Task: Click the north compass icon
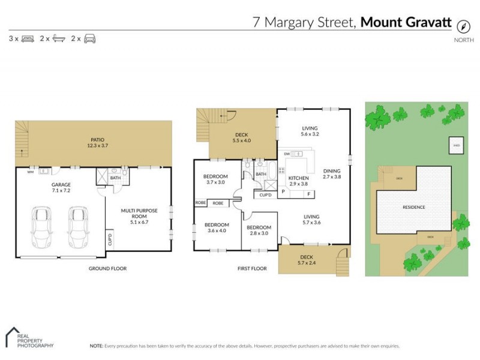coord(463,26)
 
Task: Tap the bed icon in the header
coord(28,39)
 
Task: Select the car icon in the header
coord(90,39)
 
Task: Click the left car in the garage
coord(43,227)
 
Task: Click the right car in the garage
coord(78,227)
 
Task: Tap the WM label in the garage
coord(30,172)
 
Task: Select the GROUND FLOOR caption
coord(107,268)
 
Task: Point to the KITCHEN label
coord(298,179)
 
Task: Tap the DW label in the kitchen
coord(287,154)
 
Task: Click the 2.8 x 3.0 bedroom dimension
coord(259,234)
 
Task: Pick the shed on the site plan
coord(456,145)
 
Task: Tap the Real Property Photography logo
coord(29,338)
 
